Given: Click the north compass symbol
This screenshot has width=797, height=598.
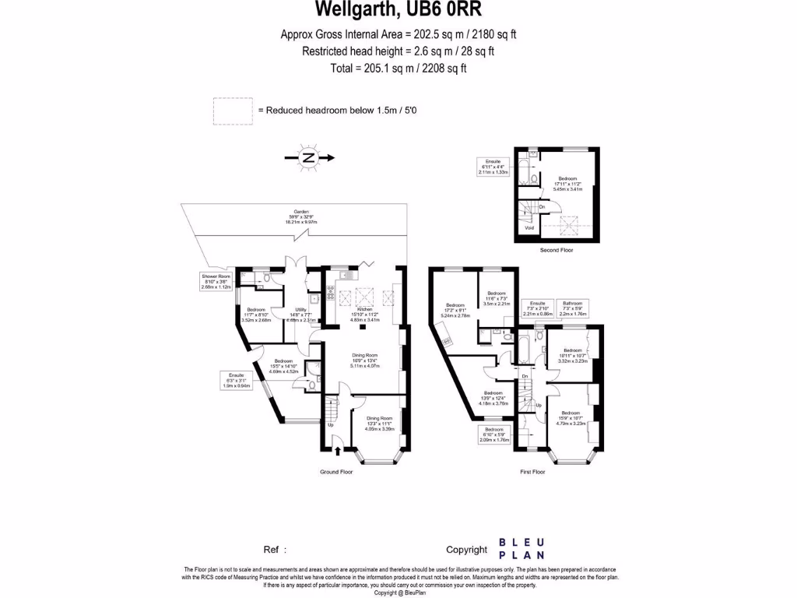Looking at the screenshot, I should click(310, 158).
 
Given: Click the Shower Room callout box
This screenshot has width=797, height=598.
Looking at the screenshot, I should click(216, 281).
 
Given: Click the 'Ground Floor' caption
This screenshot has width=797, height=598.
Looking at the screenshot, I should click(336, 472).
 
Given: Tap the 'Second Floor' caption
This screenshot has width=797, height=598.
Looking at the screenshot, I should click(556, 250).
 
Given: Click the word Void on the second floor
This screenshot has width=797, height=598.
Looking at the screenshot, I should click(530, 229).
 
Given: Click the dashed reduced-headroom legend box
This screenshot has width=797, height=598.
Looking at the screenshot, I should click(232, 111).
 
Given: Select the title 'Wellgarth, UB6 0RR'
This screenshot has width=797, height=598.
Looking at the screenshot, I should click(398, 10).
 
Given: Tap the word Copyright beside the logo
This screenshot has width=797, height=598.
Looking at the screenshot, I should click(466, 550).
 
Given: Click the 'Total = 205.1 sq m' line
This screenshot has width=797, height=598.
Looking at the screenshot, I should click(398, 69).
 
